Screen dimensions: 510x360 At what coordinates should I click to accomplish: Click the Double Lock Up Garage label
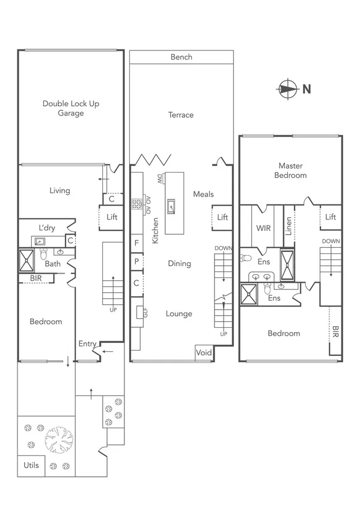pos(71,108)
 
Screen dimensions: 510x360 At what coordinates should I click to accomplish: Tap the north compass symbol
pos(287,89)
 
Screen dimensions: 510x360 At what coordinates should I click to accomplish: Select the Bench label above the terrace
pos(182,57)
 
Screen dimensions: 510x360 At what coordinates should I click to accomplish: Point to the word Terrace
pos(181,115)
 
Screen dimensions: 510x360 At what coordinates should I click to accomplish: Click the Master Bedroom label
pos(290,170)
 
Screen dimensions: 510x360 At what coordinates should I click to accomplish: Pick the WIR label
pos(264,229)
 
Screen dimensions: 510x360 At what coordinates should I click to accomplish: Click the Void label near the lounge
pos(204,353)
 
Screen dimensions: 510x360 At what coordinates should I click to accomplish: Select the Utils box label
pos(31,465)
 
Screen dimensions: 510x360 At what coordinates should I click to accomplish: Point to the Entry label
pos(88,343)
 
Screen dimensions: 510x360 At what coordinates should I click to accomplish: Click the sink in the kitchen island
pos(172,206)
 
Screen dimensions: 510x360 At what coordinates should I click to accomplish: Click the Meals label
pos(203,194)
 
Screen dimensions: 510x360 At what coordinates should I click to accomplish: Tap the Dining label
pos(179,263)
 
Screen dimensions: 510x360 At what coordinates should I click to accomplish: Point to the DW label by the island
pos(160,179)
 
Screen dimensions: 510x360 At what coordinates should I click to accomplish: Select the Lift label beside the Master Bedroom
pos(331,217)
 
